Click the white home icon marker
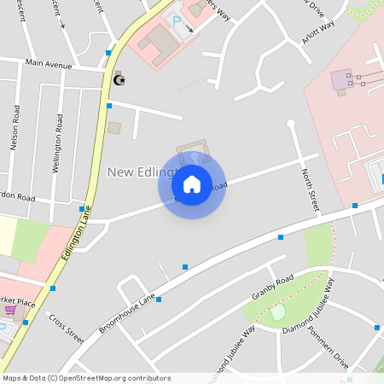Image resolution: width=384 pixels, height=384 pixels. (x=192, y=184)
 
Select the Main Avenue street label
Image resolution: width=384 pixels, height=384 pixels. (x=49, y=64)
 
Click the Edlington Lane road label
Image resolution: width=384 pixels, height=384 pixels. (x=76, y=242)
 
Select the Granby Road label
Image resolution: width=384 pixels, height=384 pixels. (x=272, y=288)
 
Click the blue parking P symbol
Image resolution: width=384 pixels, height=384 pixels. (x=177, y=20)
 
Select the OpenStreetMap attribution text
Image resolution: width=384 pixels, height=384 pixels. (x=86, y=377)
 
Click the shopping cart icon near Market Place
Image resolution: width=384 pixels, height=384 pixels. (x=10, y=310)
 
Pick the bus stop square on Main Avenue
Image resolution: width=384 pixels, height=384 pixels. (x=108, y=53)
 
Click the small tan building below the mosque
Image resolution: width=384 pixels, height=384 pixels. (x=114, y=128)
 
